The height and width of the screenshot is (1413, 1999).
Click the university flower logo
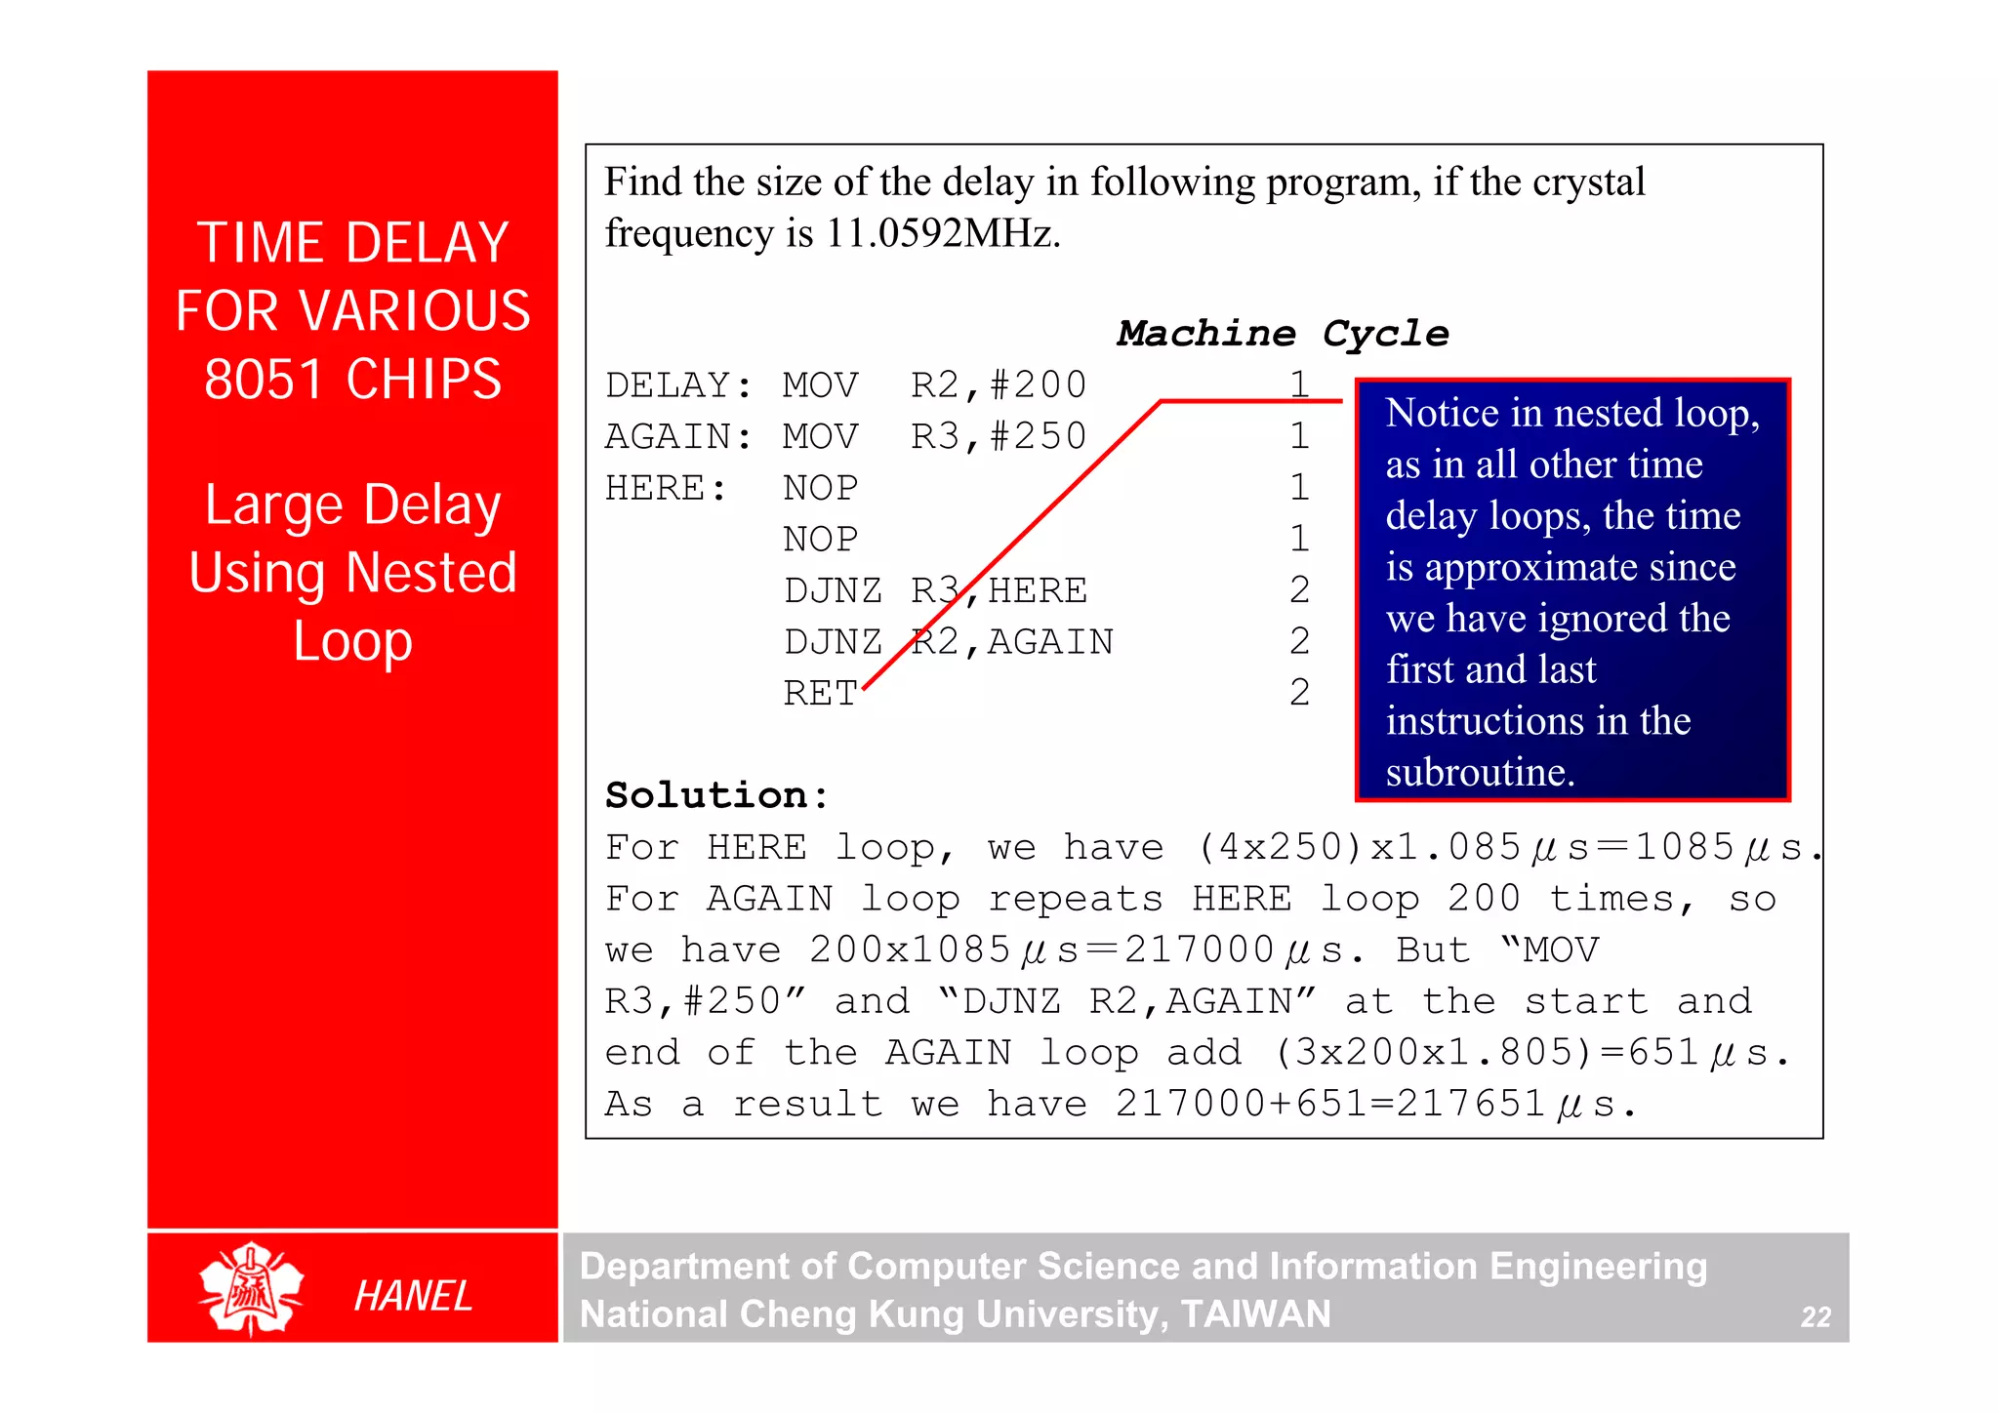point(251,1289)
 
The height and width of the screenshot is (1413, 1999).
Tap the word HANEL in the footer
point(413,1296)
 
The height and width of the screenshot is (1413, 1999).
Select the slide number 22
point(1815,1317)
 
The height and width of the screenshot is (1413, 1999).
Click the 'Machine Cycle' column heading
point(1283,334)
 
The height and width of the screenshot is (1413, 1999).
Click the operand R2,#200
point(999,385)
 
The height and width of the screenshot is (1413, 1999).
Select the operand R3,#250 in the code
point(999,436)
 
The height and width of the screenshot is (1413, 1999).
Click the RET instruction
point(820,694)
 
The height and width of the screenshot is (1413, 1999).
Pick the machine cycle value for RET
point(1299,693)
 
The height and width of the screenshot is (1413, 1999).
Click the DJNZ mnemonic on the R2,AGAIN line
point(833,642)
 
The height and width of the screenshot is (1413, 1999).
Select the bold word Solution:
point(716,795)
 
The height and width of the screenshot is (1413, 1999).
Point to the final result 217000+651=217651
point(1330,1104)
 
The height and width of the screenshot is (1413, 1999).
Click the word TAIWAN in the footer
point(1255,1314)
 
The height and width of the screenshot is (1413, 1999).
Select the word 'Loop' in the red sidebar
point(352,641)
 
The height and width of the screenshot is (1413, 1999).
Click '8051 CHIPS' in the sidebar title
point(352,379)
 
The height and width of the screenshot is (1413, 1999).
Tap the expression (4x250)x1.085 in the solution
point(1360,847)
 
